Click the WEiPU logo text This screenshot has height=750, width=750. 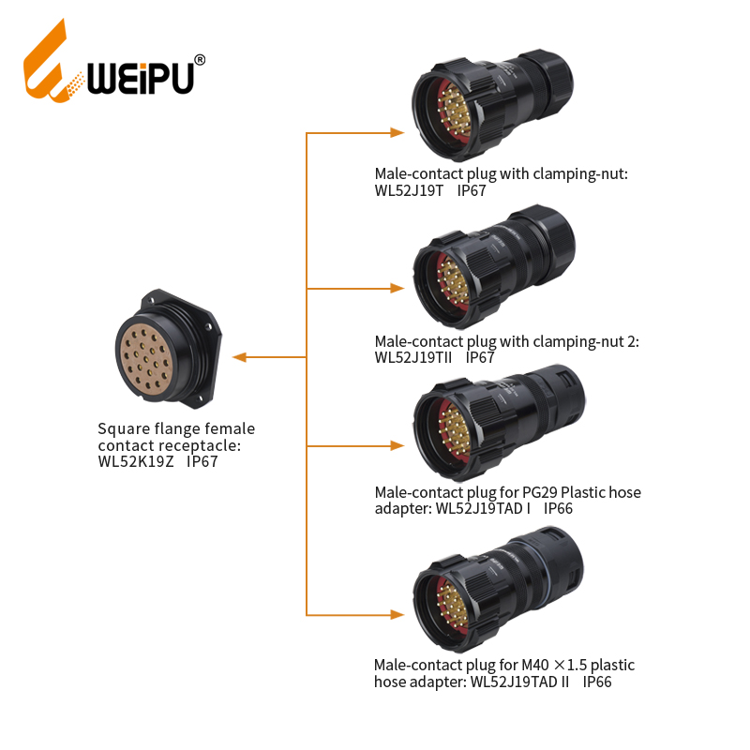point(141,78)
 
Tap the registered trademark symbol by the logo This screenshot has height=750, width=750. point(200,60)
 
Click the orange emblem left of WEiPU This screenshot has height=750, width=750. point(52,61)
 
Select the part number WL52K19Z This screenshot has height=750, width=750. point(136,461)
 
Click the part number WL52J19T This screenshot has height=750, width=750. point(409,190)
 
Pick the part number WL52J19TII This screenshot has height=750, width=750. point(413,357)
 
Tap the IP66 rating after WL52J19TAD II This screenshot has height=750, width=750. point(597,682)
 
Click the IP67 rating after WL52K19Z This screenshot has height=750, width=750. point(202,461)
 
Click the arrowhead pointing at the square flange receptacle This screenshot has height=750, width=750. point(239,357)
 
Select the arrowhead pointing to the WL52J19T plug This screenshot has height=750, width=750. point(397,132)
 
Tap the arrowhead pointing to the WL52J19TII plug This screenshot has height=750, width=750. point(397,288)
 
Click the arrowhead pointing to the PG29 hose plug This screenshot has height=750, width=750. point(397,446)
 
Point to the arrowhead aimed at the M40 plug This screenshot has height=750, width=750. point(397,614)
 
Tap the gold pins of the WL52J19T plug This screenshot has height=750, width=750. point(455,111)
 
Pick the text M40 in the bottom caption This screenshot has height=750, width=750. point(535,665)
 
